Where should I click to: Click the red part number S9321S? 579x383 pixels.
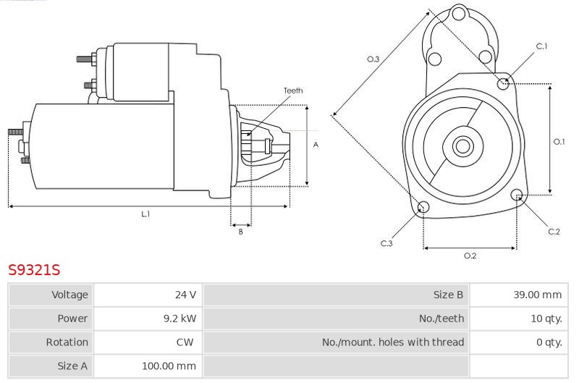pyautogui.click(x=34, y=270)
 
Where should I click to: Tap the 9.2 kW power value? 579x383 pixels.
pyautogui.click(x=179, y=319)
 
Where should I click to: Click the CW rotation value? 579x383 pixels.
pyautogui.click(x=185, y=342)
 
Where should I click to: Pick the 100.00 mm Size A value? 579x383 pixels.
pyautogui.click(x=169, y=366)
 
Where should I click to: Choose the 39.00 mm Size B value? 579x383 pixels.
pyautogui.click(x=537, y=295)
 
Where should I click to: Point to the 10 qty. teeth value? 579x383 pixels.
pyautogui.click(x=546, y=319)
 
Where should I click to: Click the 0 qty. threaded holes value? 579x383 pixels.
pyautogui.click(x=549, y=342)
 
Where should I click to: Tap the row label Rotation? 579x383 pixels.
pyautogui.click(x=67, y=342)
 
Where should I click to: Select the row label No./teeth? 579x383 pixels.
pyautogui.click(x=441, y=319)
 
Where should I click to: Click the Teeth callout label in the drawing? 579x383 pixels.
pyautogui.click(x=293, y=91)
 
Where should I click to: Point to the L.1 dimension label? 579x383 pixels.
pyautogui.click(x=145, y=214)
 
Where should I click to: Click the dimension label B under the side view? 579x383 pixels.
pyautogui.click(x=241, y=232)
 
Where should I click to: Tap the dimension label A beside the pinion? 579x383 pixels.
pyautogui.click(x=316, y=145)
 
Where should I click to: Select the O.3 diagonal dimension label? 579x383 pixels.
pyautogui.click(x=373, y=59)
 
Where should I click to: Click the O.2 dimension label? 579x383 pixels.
pyautogui.click(x=470, y=256)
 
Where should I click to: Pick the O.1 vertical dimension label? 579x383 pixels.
pyautogui.click(x=559, y=141)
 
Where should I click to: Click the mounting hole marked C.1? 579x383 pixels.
pyautogui.click(x=503, y=84)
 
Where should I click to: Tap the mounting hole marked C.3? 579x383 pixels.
pyautogui.click(x=423, y=206)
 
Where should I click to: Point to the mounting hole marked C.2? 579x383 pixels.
pyautogui.click(x=517, y=195)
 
